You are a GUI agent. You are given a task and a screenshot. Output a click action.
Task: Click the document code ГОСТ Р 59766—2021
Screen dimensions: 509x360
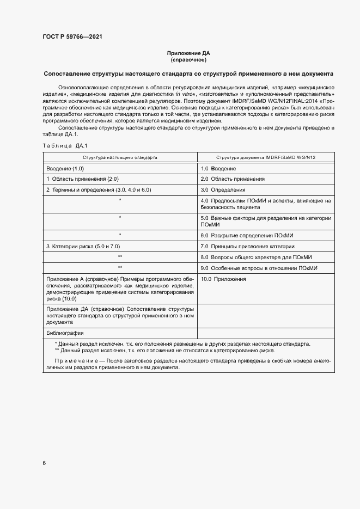(x=72, y=37)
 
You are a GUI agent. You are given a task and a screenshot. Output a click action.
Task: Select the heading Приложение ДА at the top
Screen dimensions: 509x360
(x=188, y=53)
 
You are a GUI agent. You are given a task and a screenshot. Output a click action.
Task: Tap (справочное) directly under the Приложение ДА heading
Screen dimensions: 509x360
(x=188, y=60)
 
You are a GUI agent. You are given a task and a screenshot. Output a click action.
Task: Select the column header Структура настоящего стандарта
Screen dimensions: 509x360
(x=120, y=157)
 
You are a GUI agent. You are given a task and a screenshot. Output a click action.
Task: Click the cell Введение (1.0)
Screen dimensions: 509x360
(x=65, y=168)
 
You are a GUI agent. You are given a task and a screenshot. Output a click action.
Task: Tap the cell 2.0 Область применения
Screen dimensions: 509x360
(x=233, y=179)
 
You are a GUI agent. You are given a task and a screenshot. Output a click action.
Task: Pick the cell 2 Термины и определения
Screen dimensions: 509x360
(x=98, y=189)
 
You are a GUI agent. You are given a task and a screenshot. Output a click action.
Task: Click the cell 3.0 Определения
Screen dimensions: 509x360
(x=223, y=190)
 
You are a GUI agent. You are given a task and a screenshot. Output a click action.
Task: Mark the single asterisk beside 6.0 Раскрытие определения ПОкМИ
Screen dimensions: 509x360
(x=120, y=235)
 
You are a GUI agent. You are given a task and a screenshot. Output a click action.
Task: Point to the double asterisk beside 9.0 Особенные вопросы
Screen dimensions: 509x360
(x=120, y=268)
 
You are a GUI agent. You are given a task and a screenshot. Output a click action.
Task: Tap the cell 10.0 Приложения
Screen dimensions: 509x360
(x=223, y=279)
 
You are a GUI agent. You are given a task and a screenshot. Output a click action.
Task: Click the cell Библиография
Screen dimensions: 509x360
(x=65, y=333)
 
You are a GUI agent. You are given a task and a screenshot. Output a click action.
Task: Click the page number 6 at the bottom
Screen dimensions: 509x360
(x=44, y=463)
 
